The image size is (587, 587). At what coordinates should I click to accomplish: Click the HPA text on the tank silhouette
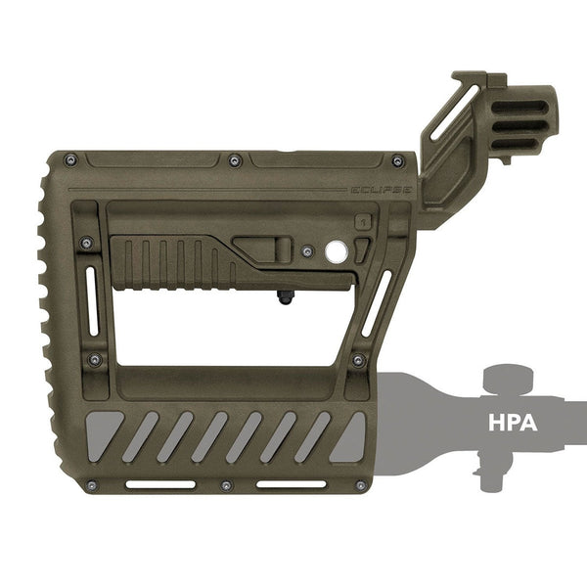(513, 423)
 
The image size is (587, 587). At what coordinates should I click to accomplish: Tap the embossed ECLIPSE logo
(382, 190)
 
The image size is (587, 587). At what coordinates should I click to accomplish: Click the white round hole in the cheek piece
(337, 251)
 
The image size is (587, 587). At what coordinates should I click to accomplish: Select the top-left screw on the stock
(70, 160)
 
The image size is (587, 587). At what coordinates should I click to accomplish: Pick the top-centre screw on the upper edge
(235, 161)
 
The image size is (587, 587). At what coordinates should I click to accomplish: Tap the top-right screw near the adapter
(398, 161)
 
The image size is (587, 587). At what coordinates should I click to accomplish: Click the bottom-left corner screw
(92, 485)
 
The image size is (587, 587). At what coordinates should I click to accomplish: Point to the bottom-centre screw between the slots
(226, 486)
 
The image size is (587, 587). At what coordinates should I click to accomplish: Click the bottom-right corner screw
(361, 485)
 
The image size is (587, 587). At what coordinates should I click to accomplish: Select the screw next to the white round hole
(308, 251)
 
